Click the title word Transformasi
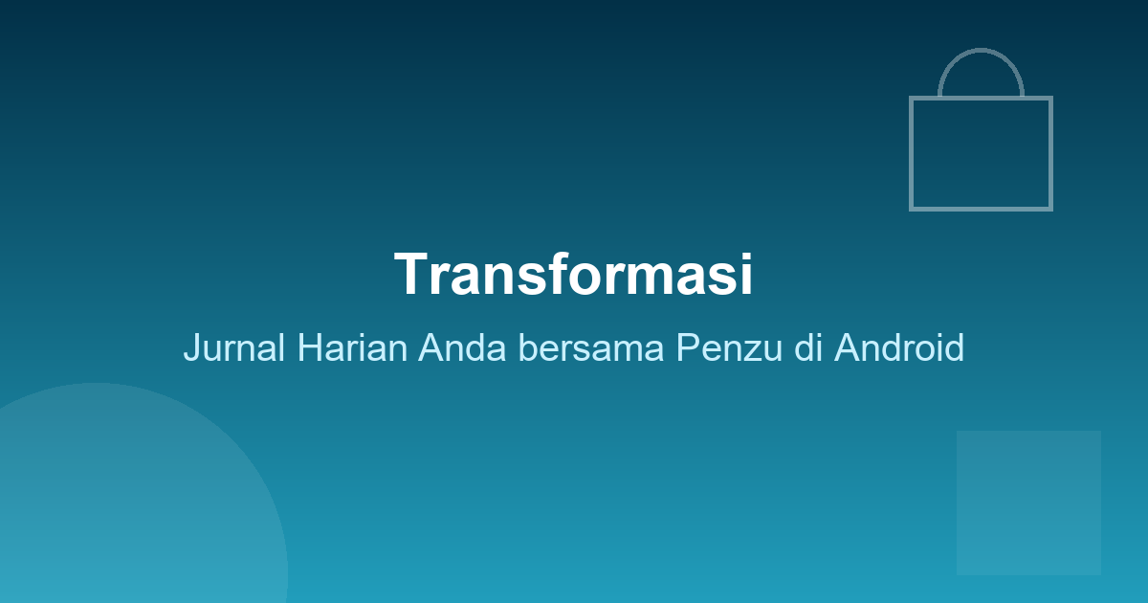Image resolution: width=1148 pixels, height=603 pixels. click(x=573, y=275)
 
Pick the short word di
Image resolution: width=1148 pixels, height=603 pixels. click(x=809, y=347)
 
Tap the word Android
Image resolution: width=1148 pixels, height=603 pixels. click(x=898, y=347)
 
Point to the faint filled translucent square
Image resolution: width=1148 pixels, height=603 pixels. click(x=1028, y=502)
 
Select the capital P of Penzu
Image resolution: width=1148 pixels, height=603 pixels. click(x=687, y=347)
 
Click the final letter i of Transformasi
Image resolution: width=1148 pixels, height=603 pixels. click(x=745, y=275)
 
